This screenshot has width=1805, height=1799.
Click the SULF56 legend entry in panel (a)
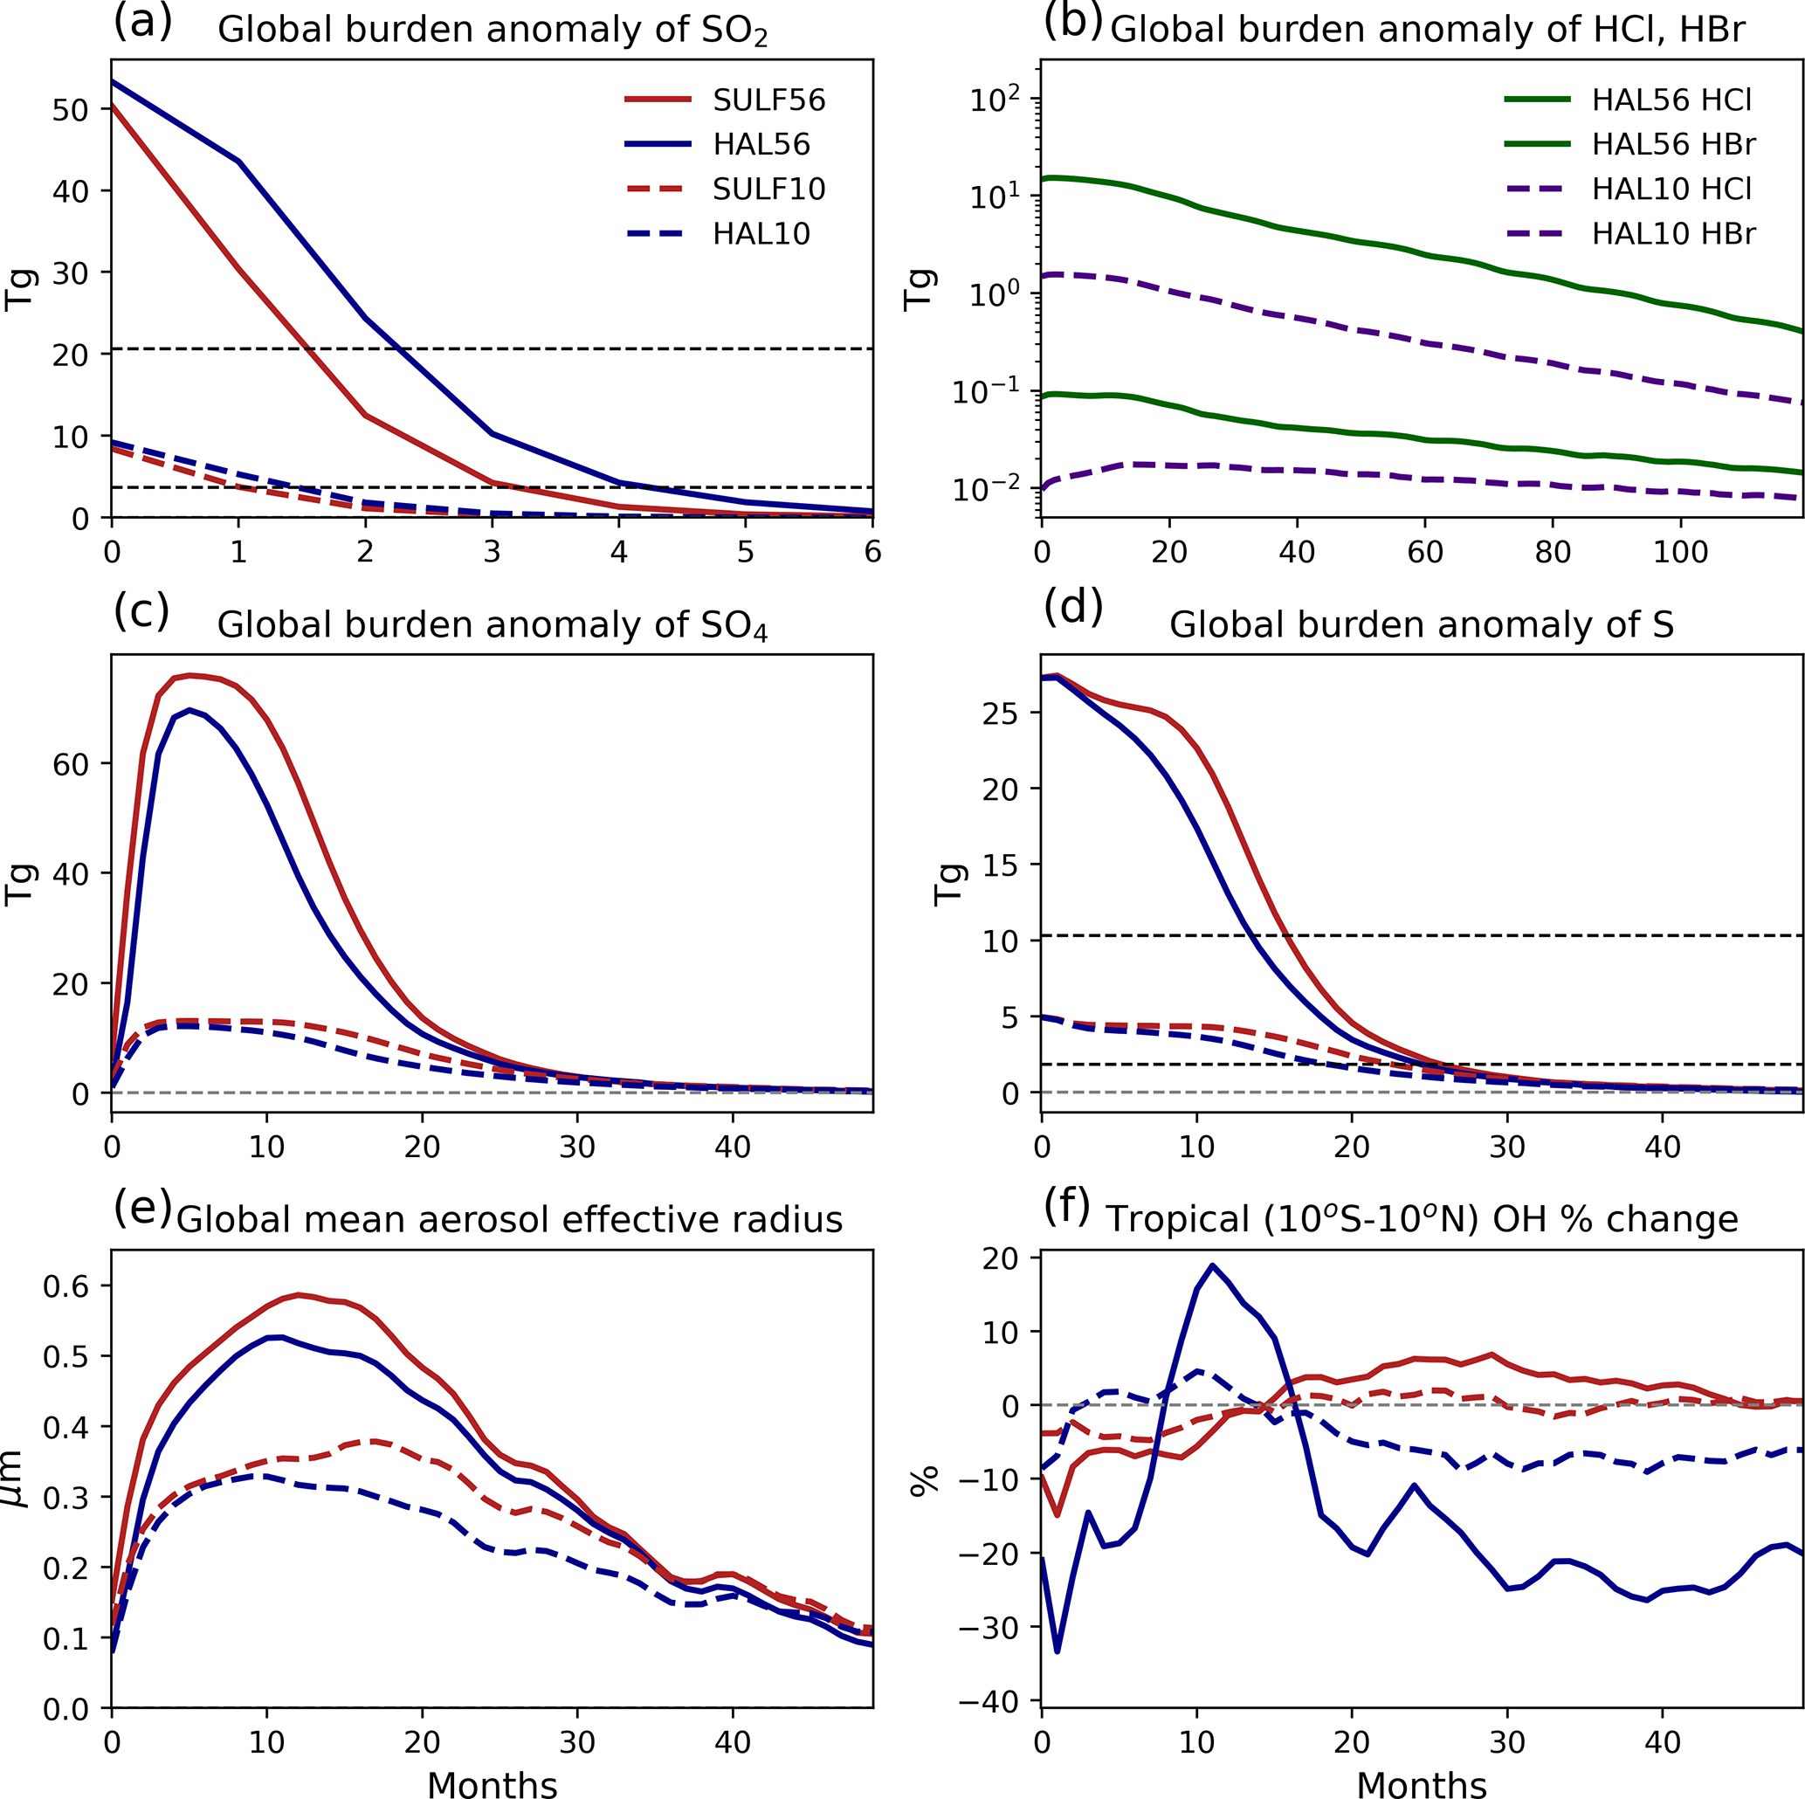coord(768,100)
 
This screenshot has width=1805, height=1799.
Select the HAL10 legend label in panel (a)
coord(761,234)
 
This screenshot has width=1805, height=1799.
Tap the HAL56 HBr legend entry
coord(1673,145)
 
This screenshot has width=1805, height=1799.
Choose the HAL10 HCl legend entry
coord(1671,189)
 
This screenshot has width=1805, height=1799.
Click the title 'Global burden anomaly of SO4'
coord(492,625)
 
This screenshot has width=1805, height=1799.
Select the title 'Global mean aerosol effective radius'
coord(509,1220)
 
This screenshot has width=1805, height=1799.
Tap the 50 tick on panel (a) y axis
coord(70,109)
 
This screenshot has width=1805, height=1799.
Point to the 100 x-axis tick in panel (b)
coord(1680,552)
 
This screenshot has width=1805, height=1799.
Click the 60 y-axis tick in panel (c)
coord(70,764)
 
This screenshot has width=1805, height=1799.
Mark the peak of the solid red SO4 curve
coord(189,675)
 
